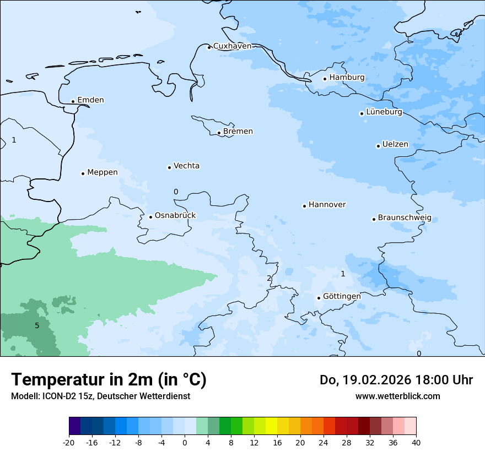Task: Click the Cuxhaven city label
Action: coord(232,46)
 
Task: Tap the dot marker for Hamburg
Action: coord(325,79)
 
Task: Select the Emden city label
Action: coord(90,100)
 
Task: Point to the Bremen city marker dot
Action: coord(219,133)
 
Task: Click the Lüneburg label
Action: coord(384,112)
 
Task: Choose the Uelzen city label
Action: coord(395,145)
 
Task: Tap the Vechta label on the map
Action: coord(186,166)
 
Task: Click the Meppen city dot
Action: coord(83,173)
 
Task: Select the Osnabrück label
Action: coord(175,216)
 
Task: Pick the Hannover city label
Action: coord(327,205)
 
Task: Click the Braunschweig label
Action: coord(405,218)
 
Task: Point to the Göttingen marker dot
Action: coord(319,298)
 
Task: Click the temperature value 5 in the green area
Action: coord(37,325)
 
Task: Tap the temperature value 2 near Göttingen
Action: coord(269,278)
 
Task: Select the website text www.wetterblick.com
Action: coord(397,396)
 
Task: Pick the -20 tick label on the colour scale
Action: coord(69,443)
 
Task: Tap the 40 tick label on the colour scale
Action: coord(416,443)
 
